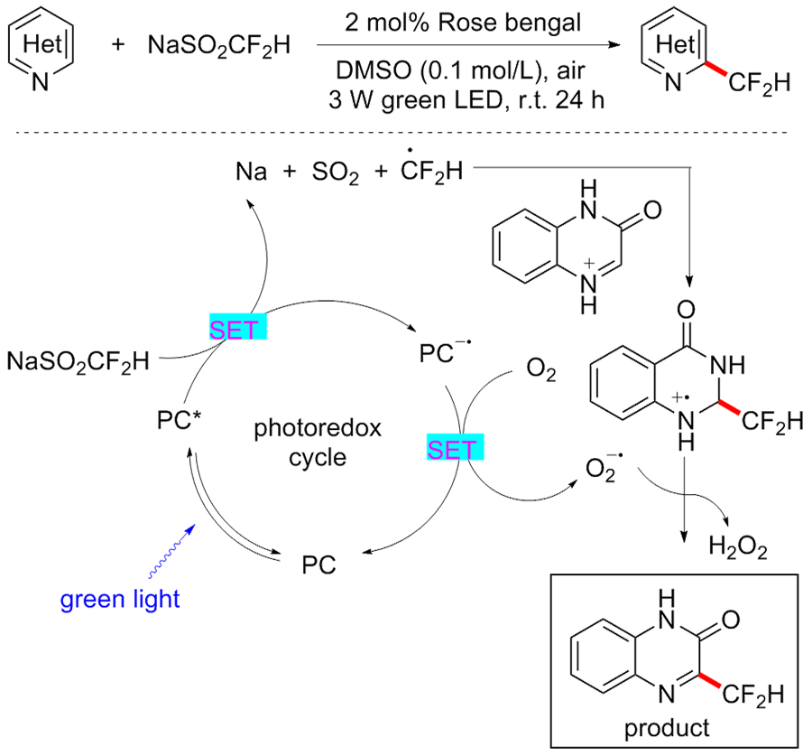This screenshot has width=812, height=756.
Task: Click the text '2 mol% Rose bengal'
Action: click(x=463, y=23)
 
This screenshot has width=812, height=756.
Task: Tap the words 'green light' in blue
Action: click(x=120, y=600)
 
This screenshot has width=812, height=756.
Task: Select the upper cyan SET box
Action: click(x=237, y=327)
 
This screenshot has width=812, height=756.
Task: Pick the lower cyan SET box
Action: click(x=456, y=447)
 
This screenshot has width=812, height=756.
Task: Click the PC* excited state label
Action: click(x=179, y=420)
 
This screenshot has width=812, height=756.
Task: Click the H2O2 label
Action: click(x=738, y=547)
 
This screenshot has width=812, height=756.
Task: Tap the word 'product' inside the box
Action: click(x=667, y=729)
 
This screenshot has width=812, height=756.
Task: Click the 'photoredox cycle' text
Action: click(x=318, y=443)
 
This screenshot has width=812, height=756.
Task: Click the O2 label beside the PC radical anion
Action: click(x=541, y=370)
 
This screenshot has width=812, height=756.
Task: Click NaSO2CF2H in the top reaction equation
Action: click(x=219, y=46)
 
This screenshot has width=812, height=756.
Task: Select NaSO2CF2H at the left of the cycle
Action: click(x=78, y=361)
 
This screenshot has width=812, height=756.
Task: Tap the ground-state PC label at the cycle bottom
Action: click(x=319, y=565)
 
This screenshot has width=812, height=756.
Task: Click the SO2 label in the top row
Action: click(x=335, y=172)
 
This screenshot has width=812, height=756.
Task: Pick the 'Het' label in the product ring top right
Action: click(x=674, y=44)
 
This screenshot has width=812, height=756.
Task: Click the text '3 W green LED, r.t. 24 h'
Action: click(x=466, y=100)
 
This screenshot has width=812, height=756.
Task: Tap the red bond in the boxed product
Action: click(x=708, y=681)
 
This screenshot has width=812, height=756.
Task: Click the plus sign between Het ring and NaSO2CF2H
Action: click(x=118, y=44)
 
